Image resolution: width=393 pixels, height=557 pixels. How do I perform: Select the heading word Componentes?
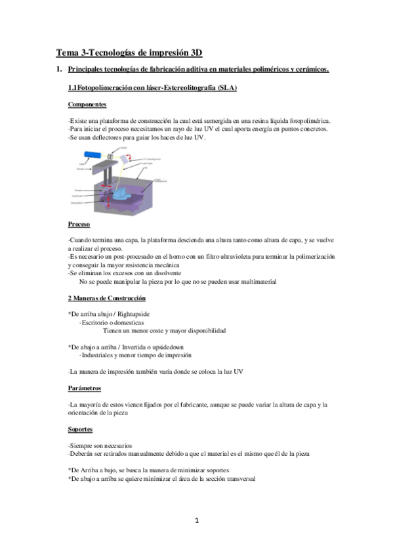tap(87, 104)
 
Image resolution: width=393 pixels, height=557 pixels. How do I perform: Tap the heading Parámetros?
tap(85, 388)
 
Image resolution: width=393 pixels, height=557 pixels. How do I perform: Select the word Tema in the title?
tap(67, 53)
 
